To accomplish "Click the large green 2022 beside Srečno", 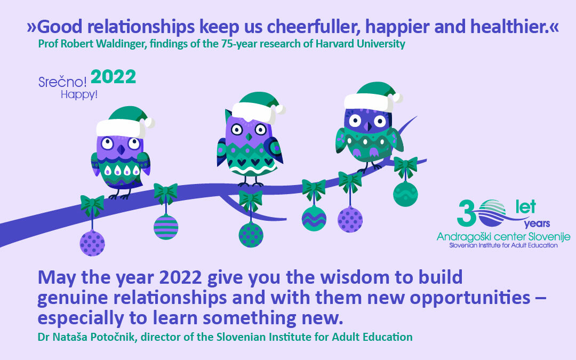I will click(113, 78).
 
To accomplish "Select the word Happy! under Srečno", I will click(79, 95).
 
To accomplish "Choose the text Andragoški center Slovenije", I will click(503, 236).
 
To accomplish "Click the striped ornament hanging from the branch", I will click(166, 227).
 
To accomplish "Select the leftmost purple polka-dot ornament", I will click(92, 243).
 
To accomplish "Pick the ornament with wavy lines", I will click(314, 218).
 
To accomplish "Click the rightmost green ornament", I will click(405, 193).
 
